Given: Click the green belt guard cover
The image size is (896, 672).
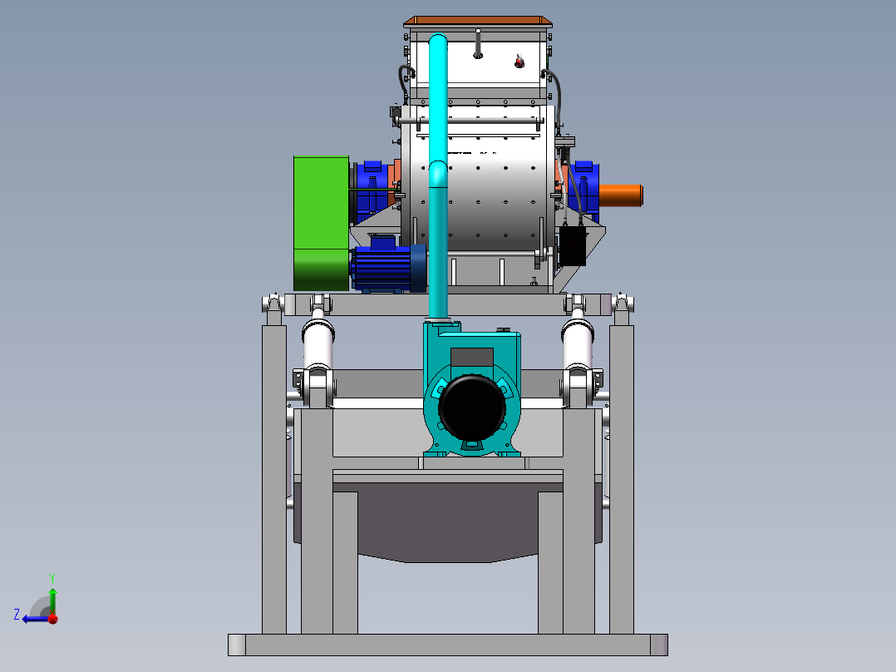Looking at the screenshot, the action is (321, 223).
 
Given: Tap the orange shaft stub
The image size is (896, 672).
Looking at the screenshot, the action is (621, 195).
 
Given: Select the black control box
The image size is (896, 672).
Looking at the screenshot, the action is (572, 245).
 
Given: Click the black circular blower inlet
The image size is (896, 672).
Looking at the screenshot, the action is (472, 407).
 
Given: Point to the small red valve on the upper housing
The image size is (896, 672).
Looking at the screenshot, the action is (519, 62).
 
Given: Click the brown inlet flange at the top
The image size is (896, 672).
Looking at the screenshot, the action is (478, 22).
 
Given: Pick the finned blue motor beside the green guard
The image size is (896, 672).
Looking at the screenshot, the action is (389, 269).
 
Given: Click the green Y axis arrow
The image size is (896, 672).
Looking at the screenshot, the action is (52, 600).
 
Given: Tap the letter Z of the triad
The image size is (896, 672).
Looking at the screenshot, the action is (17, 615).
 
